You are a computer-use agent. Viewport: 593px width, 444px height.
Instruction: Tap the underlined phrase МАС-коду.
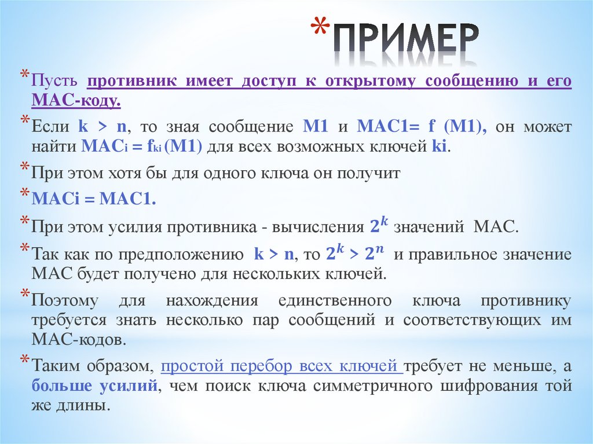tap(76, 101)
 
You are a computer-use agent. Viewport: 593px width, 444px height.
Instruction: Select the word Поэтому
tap(65, 300)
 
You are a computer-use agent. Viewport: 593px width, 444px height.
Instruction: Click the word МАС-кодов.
tap(79, 340)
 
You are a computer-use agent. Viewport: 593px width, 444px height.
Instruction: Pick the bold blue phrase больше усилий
tap(94, 386)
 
